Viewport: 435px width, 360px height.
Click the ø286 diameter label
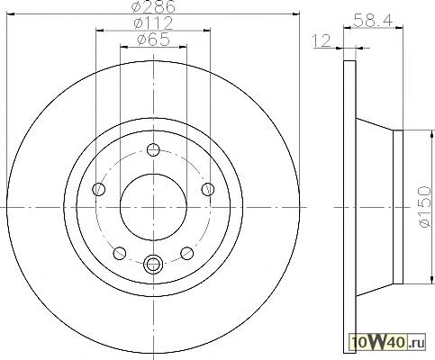click(x=153, y=6)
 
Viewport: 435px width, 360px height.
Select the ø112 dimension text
click(x=153, y=23)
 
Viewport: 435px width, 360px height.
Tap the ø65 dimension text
click(x=153, y=40)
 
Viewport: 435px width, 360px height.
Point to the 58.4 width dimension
click(x=373, y=21)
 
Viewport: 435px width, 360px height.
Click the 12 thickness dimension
click(x=322, y=41)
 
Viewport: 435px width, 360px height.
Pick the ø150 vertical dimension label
click(x=425, y=206)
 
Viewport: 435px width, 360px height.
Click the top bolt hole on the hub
click(x=153, y=149)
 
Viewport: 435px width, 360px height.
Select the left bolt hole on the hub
click(x=99, y=189)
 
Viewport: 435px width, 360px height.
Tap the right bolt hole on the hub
click(x=208, y=189)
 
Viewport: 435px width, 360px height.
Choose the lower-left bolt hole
click(x=120, y=253)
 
